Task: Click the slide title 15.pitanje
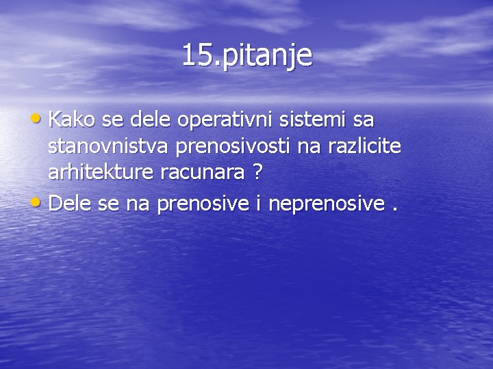click(246, 55)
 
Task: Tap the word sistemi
click(312, 120)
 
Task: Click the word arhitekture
click(101, 173)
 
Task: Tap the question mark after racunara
click(257, 173)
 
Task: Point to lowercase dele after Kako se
click(149, 120)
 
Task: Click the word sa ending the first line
click(364, 122)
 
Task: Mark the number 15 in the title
click(195, 55)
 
